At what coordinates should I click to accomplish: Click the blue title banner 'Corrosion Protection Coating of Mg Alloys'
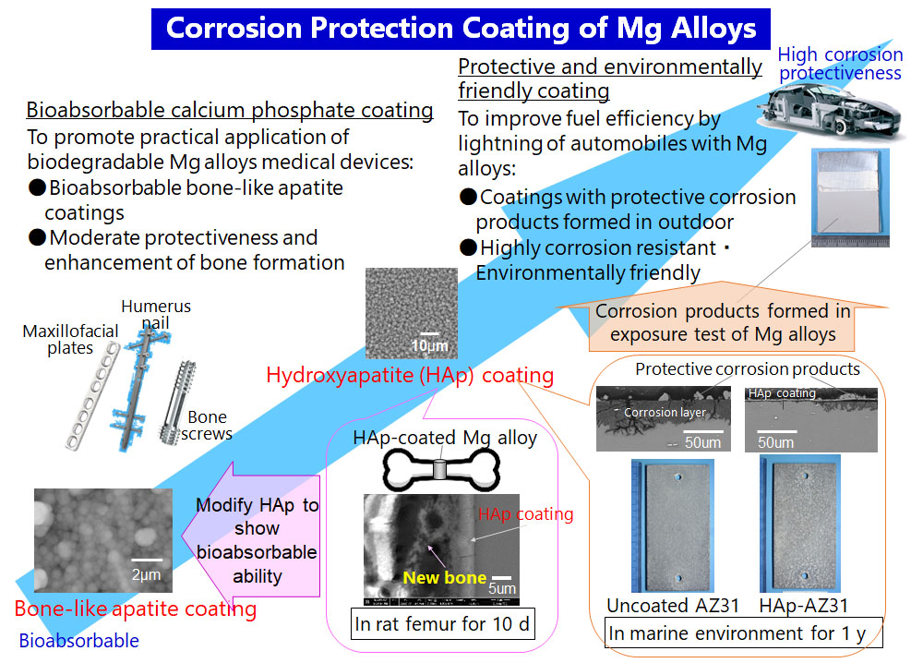[461, 29]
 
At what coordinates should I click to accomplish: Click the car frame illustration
[829, 111]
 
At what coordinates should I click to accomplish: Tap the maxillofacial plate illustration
[93, 396]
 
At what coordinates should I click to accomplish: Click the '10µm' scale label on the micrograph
[430, 345]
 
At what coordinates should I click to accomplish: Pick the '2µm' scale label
[146, 574]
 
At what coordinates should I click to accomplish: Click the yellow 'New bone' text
[445, 578]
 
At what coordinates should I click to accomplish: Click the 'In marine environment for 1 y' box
[744, 633]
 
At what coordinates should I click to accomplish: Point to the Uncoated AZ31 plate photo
[673, 525]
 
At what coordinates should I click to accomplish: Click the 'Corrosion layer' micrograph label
[665, 412]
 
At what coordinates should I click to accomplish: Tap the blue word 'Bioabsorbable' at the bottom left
[78, 641]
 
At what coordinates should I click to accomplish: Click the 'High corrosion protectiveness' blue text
[840, 64]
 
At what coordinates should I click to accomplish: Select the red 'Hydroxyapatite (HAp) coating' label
[410, 375]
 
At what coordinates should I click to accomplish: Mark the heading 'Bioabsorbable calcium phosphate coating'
[230, 110]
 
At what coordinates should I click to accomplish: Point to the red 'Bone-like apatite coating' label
[136, 609]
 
